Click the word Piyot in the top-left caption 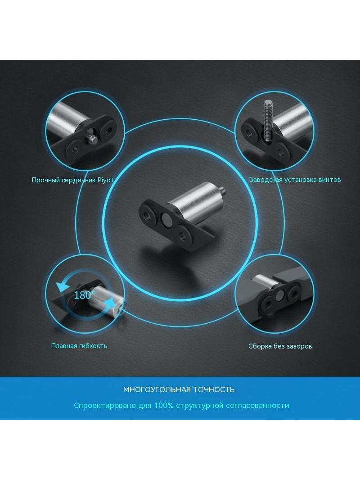(x=105, y=180)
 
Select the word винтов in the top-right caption (x=329, y=180)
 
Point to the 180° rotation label (x=85, y=295)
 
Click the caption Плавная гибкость (x=79, y=346)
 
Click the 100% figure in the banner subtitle (x=164, y=405)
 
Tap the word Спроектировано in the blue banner (x=105, y=406)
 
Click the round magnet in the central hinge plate (x=167, y=219)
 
